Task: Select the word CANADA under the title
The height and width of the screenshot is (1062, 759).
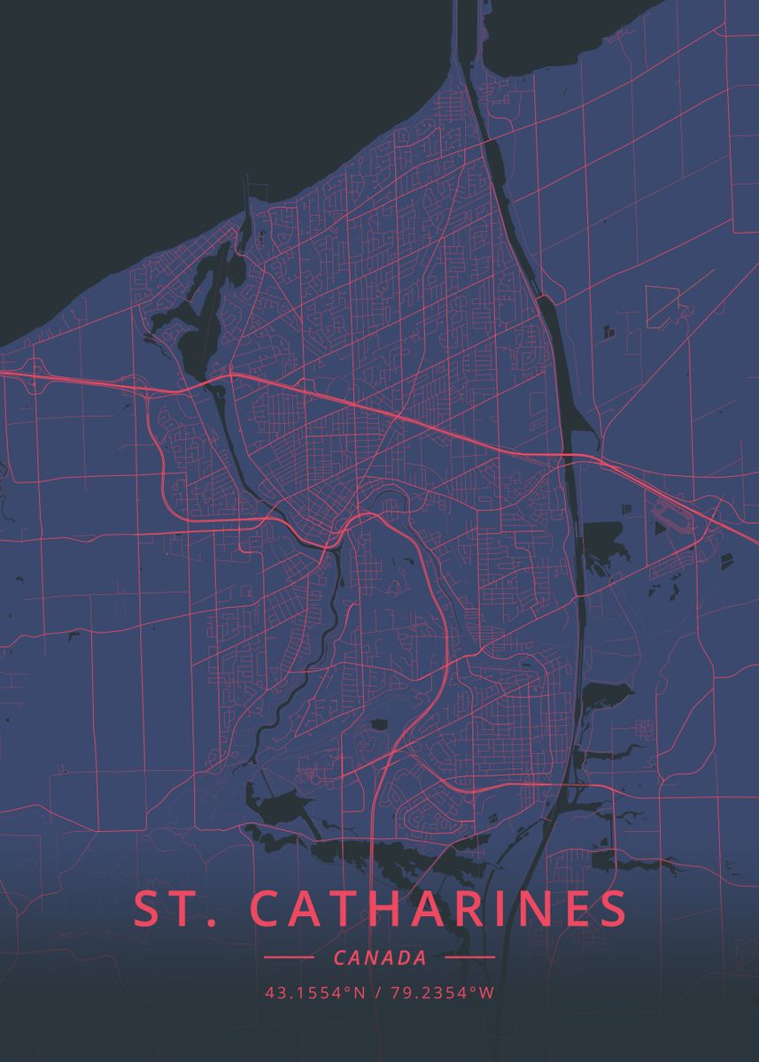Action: (x=379, y=958)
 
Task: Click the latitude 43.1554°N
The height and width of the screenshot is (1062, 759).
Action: (x=315, y=992)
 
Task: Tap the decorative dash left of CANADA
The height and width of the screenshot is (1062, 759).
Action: (x=289, y=958)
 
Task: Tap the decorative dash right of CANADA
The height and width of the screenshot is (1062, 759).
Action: (x=469, y=958)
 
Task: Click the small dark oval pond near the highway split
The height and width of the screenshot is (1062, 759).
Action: (x=379, y=724)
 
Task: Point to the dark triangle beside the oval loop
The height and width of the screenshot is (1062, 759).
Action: (x=660, y=528)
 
